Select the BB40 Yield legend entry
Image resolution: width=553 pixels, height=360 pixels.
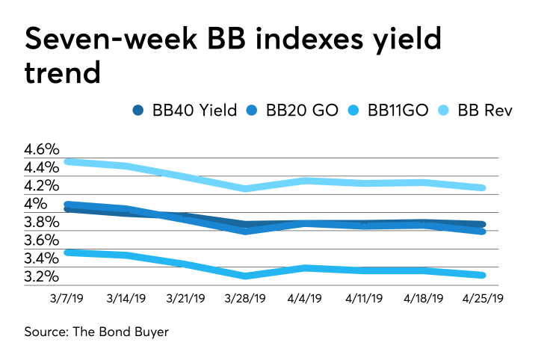click(185, 110)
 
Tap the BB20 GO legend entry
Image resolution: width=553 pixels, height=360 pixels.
click(296, 110)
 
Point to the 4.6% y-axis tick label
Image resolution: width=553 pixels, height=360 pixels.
click(40, 149)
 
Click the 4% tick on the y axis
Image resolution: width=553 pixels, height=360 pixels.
click(36, 204)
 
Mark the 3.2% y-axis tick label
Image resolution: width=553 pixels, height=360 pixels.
click(40, 276)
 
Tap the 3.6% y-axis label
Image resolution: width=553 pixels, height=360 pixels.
click(40, 240)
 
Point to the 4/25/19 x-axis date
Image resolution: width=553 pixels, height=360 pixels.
click(484, 298)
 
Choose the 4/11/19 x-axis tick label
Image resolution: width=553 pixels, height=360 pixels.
click(365, 298)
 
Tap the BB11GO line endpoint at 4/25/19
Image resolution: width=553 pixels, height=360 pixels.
click(484, 275)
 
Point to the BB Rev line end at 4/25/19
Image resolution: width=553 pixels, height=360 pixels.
click(484, 187)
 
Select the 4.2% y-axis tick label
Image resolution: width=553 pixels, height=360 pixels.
click(40, 185)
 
